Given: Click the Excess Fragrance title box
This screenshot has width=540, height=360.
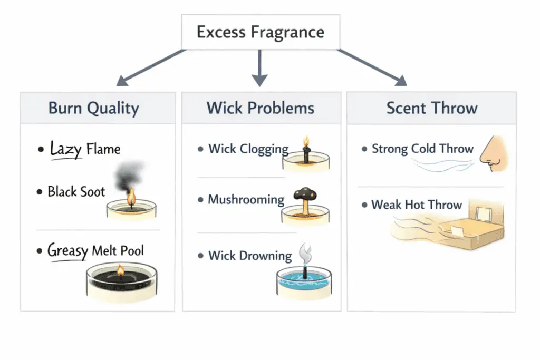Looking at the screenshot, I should (261, 32).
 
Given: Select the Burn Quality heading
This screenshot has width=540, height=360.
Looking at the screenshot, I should (94, 108).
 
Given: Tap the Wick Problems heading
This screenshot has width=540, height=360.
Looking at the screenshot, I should (261, 108).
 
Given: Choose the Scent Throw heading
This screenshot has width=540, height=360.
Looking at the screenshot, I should (431, 108).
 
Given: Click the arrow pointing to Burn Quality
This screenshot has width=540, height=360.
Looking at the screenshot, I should (150, 67).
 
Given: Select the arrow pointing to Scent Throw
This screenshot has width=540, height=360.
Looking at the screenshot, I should (372, 67).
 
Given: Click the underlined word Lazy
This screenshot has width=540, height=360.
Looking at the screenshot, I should (66, 149).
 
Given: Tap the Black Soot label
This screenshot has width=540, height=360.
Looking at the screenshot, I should (76, 191).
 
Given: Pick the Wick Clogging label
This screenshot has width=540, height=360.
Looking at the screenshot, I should (248, 149).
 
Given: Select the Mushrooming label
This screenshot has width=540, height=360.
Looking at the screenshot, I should (246, 200).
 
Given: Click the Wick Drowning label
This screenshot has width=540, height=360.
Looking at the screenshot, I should (250, 256).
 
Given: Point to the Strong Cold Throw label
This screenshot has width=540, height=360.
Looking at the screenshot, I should (422, 149).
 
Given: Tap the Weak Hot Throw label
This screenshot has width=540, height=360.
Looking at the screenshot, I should (417, 205).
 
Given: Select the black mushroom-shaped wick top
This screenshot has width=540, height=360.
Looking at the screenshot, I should (305, 193).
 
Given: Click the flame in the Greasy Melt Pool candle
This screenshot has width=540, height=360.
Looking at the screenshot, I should (120, 271).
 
